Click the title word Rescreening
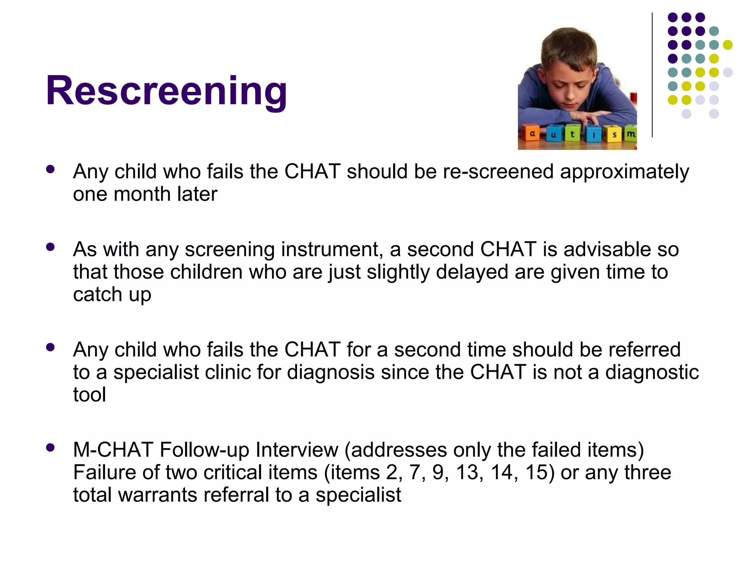166,90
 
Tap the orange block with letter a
532,134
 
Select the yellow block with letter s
614,135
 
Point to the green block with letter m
630,134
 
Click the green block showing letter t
572,134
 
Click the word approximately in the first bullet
624,172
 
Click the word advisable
608,250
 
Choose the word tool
90,395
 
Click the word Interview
297,450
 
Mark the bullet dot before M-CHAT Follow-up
50,447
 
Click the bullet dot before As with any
50,247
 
